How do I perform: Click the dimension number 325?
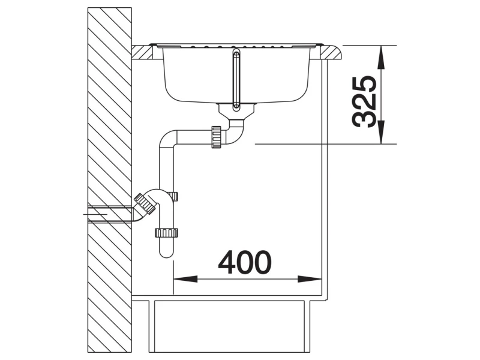click(364, 101)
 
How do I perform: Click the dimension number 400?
click(245, 262)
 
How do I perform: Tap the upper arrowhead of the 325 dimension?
click(381, 57)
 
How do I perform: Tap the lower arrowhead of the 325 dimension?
click(381, 132)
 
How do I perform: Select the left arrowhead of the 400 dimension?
click(185, 279)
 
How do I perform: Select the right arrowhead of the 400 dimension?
click(310, 279)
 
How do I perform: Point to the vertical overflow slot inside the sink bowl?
click(236, 80)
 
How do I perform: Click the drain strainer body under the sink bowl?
click(236, 112)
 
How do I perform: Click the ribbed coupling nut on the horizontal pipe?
click(216, 137)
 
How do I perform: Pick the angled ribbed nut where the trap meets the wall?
click(145, 204)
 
